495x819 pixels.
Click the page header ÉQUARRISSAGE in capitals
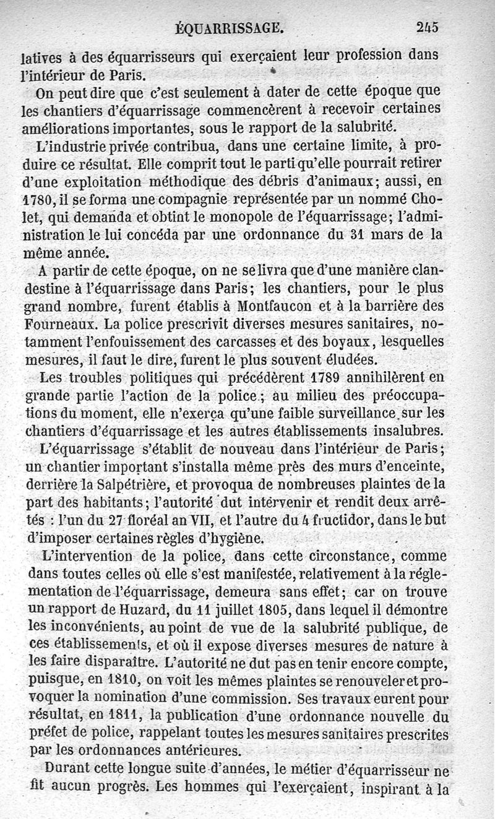[x=230, y=27]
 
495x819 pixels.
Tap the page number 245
[x=427, y=27]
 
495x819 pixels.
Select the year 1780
[x=37, y=201]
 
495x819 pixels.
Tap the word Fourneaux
[x=61, y=324]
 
